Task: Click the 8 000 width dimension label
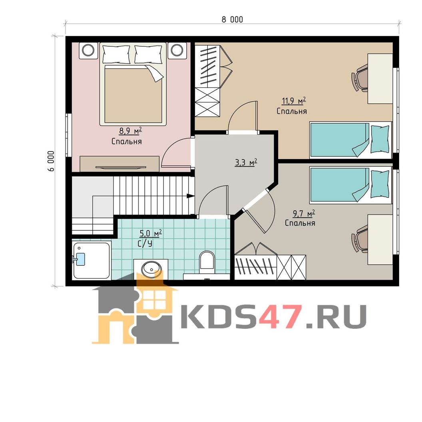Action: pos(232,19)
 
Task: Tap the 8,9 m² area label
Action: pos(130,131)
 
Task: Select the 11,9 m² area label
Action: pos(294,101)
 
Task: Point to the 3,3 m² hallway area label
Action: pos(246,162)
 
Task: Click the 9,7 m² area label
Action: pos(304,214)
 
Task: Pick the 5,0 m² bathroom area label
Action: pos(150,233)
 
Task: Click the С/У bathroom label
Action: pos(145,243)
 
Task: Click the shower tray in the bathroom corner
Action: pos(92,260)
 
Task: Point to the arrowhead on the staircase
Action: pos(191,196)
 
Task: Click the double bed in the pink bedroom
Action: pos(133,84)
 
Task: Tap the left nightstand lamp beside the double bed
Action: pos(88,50)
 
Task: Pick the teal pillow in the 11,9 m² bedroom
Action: pos(380,139)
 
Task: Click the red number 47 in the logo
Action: pos(279,316)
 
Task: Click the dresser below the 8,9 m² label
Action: pos(120,163)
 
